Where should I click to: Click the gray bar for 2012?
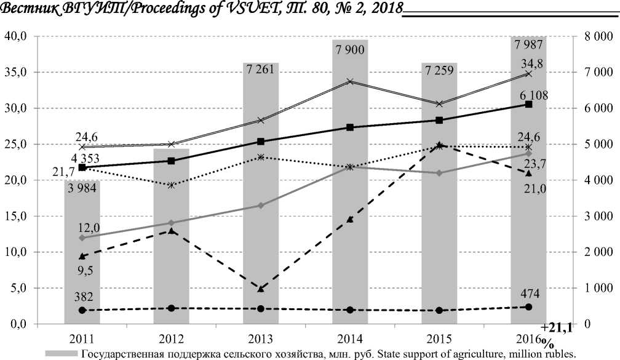click(171, 246)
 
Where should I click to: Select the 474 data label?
click(528, 292)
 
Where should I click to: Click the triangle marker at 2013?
click(261, 288)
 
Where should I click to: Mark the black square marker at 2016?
click(528, 105)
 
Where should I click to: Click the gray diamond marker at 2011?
click(82, 238)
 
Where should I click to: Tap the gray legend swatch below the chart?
click(61, 353)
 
